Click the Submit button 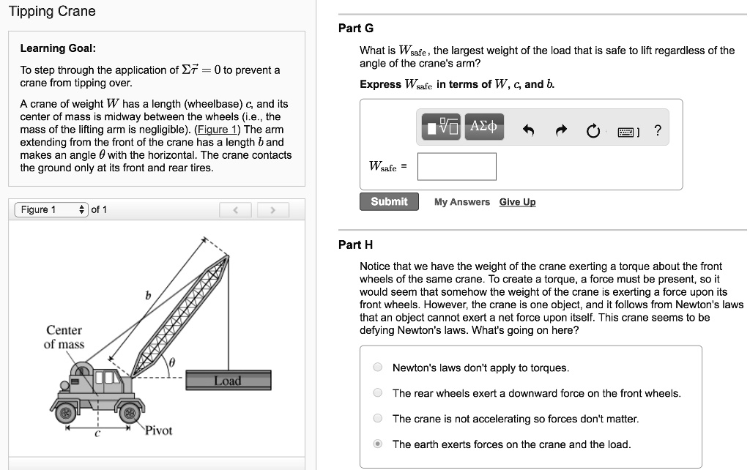click(389, 201)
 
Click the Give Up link click(517, 202)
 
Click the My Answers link click(461, 202)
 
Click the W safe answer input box click(457, 166)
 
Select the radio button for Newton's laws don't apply click(378, 368)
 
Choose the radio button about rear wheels click(378, 393)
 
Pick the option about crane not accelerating click(378, 419)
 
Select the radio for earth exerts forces click(378, 444)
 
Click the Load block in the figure click(227, 381)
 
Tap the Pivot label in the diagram click(158, 430)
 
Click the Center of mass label click(64, 337)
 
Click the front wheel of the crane click(130, 414)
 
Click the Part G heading click(355, 28)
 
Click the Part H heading click(355, 245)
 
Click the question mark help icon click(657, 130)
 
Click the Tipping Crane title click(51, 11)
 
